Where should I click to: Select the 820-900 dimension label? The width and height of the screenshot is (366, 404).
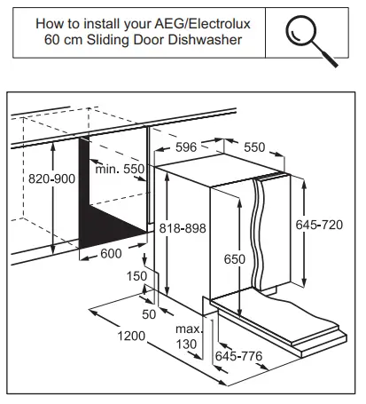[28, 177]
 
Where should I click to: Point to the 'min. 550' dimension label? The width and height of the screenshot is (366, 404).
[121, 169]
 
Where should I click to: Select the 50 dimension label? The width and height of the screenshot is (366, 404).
[148, 313]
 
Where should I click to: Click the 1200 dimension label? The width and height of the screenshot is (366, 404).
[130, 336]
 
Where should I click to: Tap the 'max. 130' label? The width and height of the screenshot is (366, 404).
[187, 336]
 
